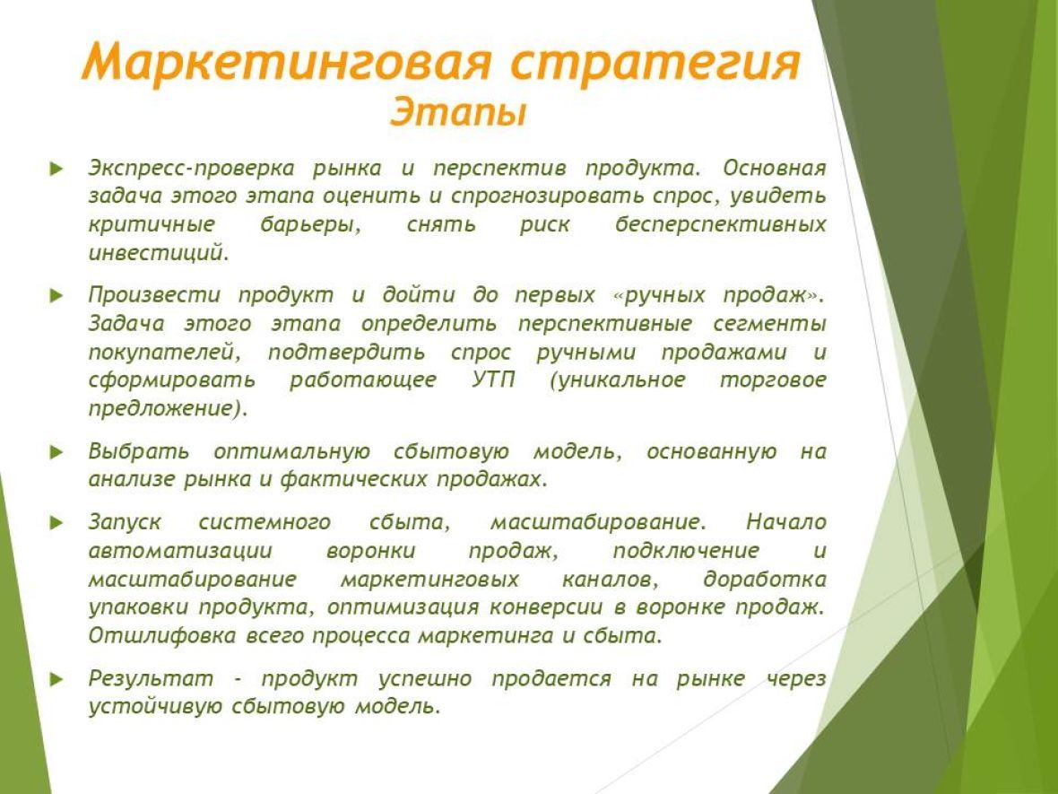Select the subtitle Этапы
coord(458,111)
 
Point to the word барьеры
coord(311,224)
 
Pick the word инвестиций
coord(159,252)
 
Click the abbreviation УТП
coord(493,380)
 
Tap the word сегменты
coord(770,324)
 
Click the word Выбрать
coord(139,451)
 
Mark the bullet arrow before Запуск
coord(56,522)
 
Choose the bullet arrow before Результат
coord(56,679)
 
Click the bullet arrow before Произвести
coord(56,296)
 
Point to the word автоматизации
coord(180,551)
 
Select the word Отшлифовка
coord(162,635)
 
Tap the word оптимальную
coord(291,451)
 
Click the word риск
coord(545,224)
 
